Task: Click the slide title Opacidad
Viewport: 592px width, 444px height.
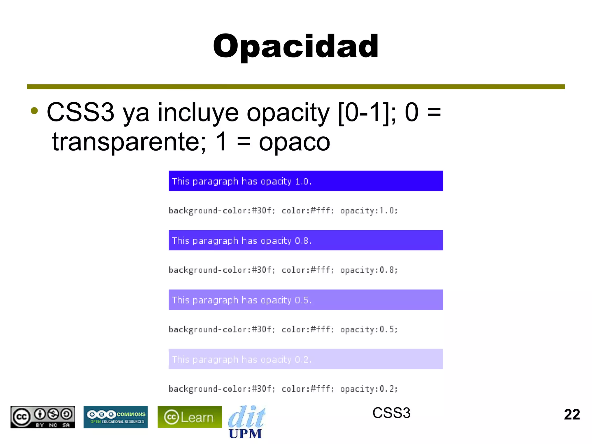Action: pos(296,46)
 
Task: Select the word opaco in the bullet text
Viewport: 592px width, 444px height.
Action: pos(294,142)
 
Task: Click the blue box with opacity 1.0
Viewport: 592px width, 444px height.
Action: pos(306,181)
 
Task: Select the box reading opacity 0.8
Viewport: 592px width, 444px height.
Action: pos(306,240)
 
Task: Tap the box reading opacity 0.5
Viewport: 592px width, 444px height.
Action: pos(306,300)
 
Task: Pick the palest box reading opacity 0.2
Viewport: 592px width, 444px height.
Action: pos(306,359)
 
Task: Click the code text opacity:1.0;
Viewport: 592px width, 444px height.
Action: pos(369,211)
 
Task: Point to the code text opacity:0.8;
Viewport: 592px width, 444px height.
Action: pos(369,270)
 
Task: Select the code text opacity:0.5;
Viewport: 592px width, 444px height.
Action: pos(369,330)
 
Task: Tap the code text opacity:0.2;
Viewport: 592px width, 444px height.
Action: pos(369,389)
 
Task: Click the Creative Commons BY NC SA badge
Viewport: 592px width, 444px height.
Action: pos(43,417)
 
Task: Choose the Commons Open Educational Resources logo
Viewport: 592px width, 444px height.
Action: pos(116,417)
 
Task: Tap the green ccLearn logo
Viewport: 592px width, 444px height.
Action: pos(190,417)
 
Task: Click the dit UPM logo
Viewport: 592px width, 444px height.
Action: pos(246,422)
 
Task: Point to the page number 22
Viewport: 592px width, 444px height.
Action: pos(572,415)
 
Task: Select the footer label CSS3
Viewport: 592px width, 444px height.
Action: pos(391,413)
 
